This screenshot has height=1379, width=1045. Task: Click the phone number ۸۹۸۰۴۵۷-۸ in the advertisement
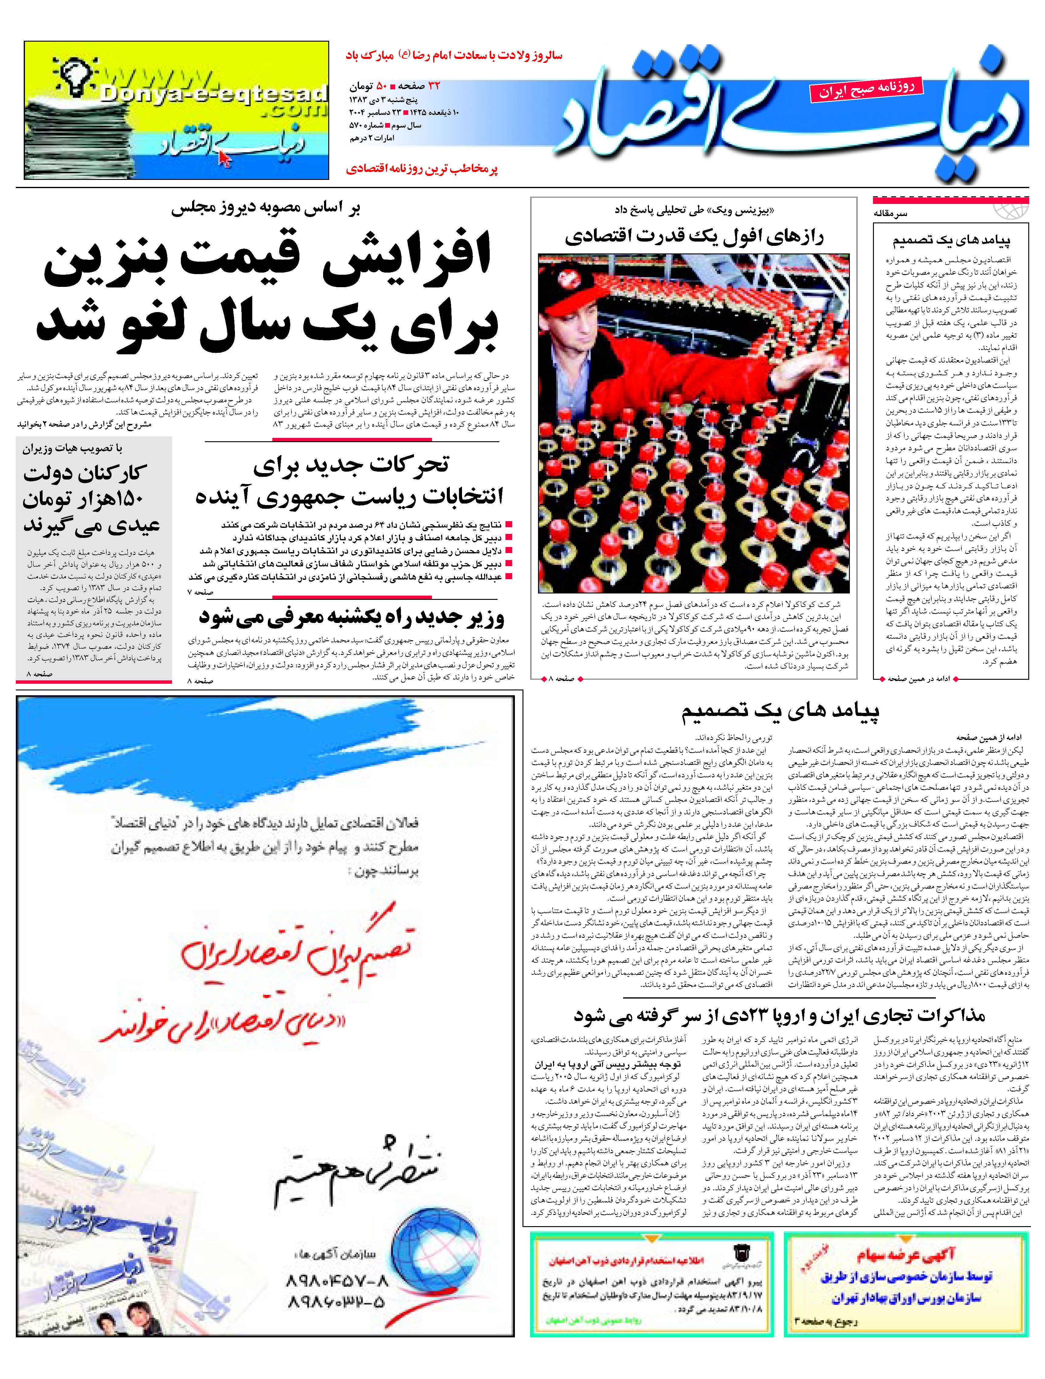337,1281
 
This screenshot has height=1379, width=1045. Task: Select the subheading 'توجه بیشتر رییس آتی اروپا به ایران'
608,1065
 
